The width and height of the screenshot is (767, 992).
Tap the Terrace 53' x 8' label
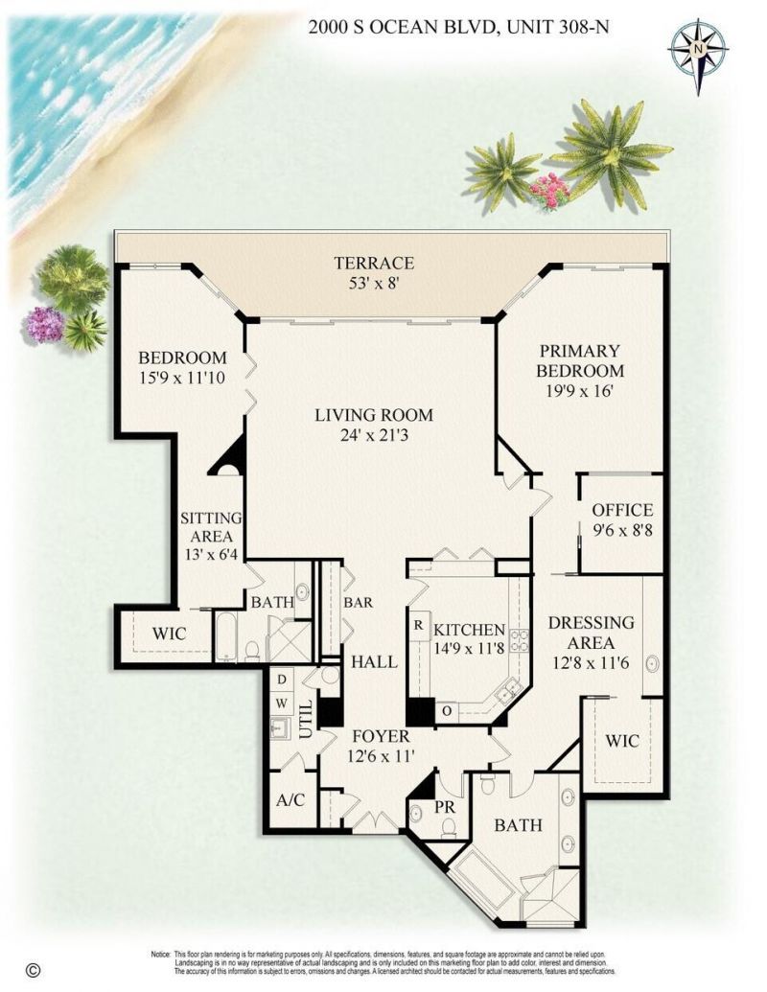374,273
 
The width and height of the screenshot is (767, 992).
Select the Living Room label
374,425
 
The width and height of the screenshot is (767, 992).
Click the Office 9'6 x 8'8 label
621,519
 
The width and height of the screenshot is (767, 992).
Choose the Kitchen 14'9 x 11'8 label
469,639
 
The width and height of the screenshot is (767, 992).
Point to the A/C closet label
290,800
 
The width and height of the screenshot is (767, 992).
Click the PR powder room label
446,806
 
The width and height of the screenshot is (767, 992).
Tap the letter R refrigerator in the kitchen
419,623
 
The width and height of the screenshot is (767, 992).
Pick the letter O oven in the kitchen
447,710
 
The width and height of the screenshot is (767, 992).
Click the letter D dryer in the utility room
280,679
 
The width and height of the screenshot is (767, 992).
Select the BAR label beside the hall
358,603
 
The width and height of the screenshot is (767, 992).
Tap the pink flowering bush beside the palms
549,189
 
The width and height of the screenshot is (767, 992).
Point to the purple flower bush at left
45,324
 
